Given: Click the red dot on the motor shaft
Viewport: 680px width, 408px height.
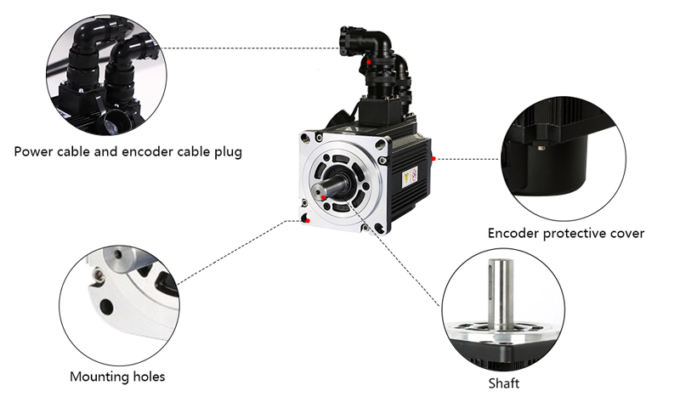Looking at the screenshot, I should click(324, 197).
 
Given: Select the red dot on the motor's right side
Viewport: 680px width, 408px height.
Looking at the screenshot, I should click(433, 158).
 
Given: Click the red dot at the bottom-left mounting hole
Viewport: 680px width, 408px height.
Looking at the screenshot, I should click(307, 222).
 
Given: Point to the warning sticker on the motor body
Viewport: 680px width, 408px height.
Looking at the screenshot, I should click(409, 178).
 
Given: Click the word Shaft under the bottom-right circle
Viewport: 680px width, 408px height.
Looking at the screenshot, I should click(503, 383).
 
